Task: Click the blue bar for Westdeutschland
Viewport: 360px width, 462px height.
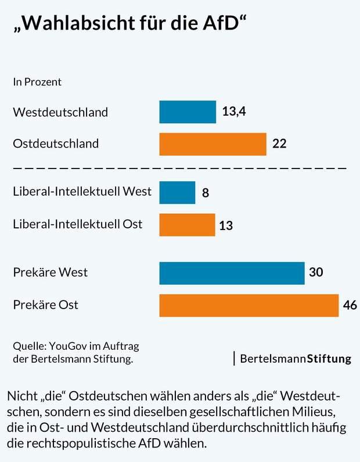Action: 188,112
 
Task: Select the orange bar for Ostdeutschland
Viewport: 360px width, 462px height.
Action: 213,144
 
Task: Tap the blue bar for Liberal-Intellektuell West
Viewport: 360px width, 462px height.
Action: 177,192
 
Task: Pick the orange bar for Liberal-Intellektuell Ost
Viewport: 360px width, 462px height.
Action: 187,224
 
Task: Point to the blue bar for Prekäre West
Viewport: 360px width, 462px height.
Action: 232,273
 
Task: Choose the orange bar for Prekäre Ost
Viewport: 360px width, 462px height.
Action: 249,305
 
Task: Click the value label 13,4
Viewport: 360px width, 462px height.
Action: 235,112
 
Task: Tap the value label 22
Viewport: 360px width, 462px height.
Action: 279,144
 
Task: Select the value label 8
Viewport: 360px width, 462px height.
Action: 206,193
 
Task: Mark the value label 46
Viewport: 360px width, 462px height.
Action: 350,305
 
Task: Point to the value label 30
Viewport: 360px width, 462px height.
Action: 316,273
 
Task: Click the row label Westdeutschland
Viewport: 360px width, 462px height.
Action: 60,112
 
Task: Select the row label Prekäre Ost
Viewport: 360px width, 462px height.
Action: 45,305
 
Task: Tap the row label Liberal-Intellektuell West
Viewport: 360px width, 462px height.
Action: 82,191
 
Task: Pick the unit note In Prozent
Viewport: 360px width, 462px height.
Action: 37,82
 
